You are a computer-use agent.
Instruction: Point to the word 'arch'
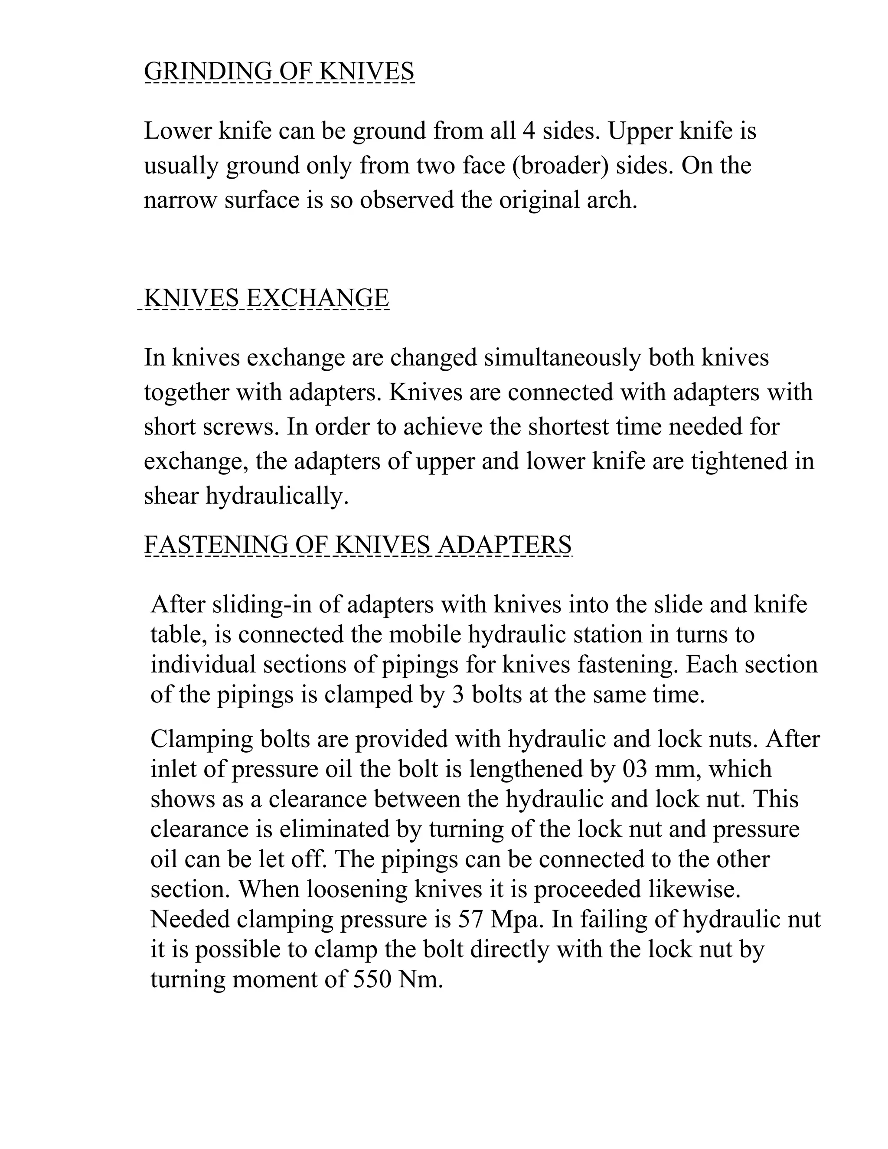617,200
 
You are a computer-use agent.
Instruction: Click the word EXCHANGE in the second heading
317,298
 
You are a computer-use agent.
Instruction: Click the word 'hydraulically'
277,496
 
